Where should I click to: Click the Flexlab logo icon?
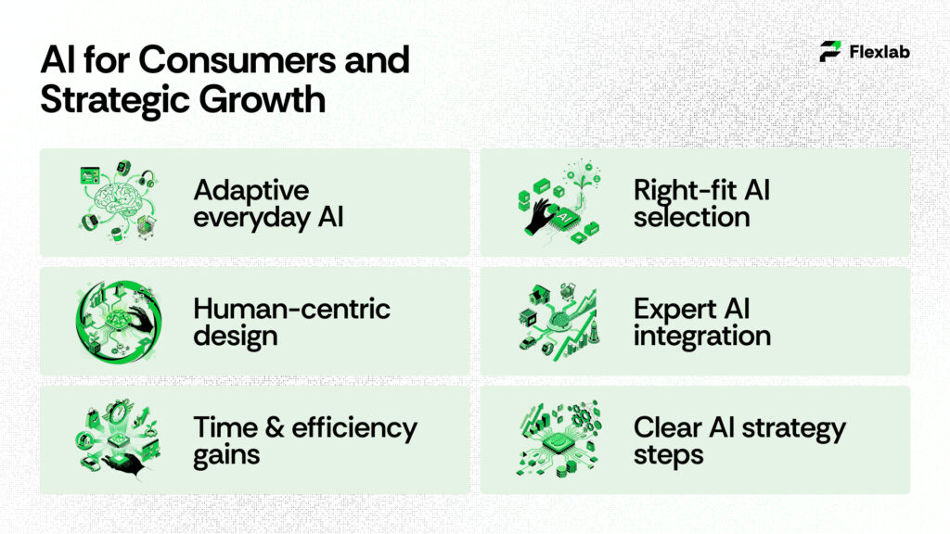830,52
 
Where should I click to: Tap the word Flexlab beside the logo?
879,52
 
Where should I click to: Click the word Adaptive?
250,191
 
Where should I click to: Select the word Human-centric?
291,309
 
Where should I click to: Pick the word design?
235,335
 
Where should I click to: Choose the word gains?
226,455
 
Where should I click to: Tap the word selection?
691,218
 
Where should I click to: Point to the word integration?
701,335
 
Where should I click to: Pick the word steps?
668,455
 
